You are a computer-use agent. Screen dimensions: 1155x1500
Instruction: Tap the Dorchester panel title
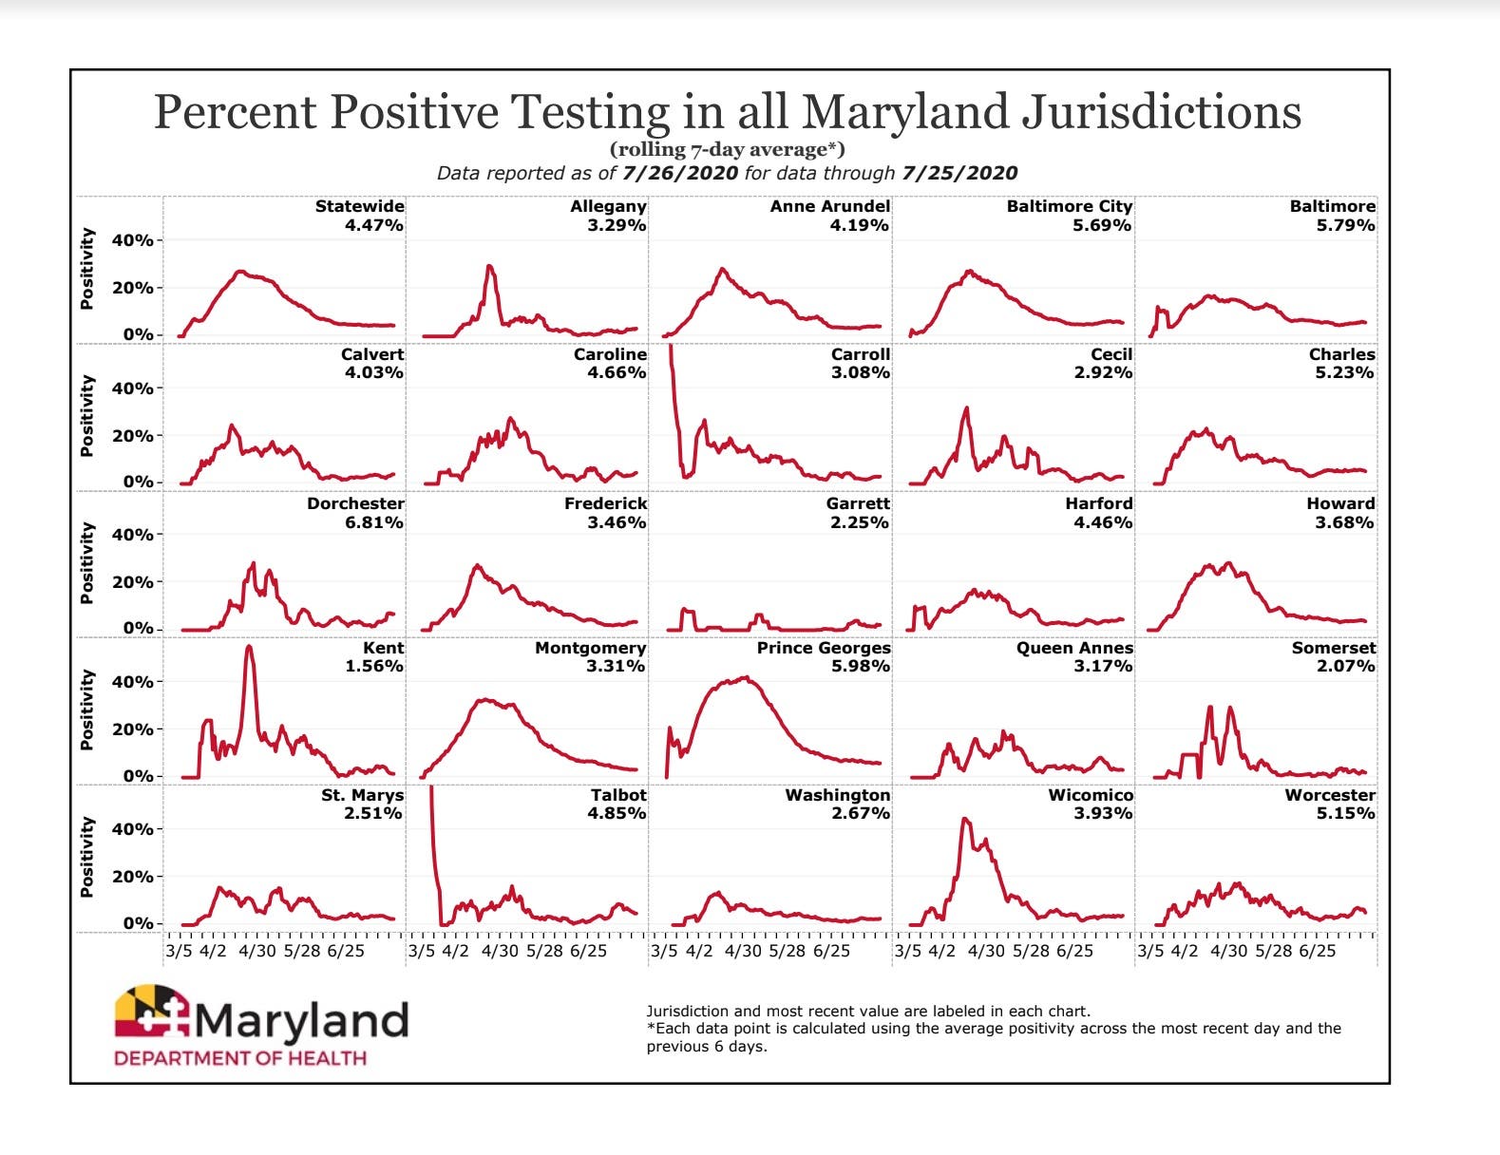pos(355,503)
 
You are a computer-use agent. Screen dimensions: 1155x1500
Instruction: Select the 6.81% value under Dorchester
pos(373,522)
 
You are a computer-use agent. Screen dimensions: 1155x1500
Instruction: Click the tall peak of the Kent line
pos(249,648)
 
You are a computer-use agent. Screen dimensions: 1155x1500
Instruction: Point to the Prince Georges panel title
pos(824,648)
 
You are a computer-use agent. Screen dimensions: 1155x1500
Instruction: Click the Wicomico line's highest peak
pos(965,819)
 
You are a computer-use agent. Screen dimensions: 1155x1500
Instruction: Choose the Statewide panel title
pos(359,206)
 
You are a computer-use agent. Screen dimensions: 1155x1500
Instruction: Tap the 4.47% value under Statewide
pos(373,225)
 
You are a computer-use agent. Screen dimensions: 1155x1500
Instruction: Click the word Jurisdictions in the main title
pos(1161,111)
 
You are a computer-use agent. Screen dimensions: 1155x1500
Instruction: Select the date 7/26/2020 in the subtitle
pos(680,173)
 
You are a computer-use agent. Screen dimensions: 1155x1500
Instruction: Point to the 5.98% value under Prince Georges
pos(860,666)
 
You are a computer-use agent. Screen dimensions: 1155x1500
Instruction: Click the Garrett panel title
pos(858,503)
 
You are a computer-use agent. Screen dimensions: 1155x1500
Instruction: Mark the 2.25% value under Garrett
pos(860,522)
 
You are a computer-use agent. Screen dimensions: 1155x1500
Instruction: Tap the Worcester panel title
pos(1330,795)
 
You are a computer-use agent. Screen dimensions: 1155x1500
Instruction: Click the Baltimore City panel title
pos(1070,206)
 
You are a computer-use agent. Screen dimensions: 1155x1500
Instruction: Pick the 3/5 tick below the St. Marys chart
pos(179,951)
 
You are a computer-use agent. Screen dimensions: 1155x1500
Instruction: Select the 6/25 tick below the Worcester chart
pos(1318,951)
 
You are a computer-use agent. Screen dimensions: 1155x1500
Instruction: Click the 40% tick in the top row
pos(132,240)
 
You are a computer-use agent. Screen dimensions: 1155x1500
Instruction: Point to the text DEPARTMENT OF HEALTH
pos(240,1058)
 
